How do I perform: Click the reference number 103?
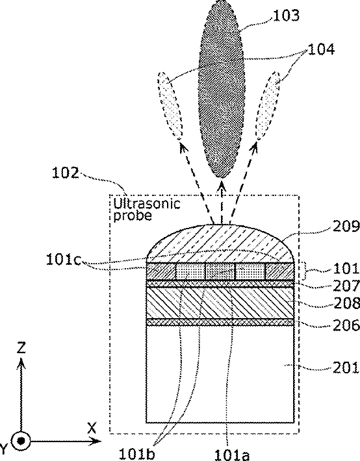[x=286, y=16]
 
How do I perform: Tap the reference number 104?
[x=322, y=49]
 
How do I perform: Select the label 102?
[x=66, y=173]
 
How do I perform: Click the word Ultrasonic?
[x=147, y=203]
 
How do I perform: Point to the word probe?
[x=133, y=216]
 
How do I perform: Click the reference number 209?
[x=346, y=227]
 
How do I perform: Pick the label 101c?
[x=63, y=260]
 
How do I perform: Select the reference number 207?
[x=346, y=285]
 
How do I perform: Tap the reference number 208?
[x=346, y=303]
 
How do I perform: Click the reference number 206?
[x=346, y=325]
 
